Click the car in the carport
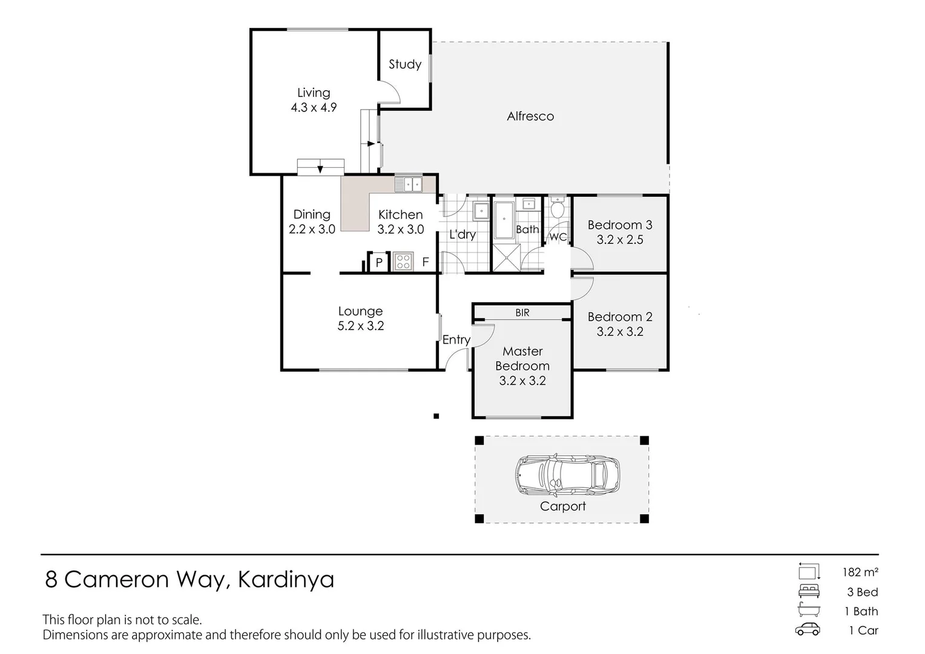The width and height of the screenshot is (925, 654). [x=567, y=474]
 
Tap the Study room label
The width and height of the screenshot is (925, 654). [x=404, y=64]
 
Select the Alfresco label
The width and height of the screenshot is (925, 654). [x=530, y=116]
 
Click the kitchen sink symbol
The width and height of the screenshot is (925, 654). [x=409, y=183]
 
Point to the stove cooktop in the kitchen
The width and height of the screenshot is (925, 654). [x=403, y=262]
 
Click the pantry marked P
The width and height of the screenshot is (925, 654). [x=379, y=262]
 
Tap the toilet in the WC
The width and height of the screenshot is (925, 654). [x=558, y=209]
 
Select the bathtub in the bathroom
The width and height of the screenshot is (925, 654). [x=504, y=221]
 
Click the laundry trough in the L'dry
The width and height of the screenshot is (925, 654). [x=481, y=211]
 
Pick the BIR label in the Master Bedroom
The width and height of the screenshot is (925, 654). [x=522, y=312]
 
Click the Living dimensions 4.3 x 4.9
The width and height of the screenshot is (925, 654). [x=314, y=108]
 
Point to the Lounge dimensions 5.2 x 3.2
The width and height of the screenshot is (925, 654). [x=361, y=326]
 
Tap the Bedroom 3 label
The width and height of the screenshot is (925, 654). [x=620, y=225]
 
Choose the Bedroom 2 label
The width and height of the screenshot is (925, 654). [x=620, y=317]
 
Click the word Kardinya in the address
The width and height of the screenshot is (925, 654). [x=286, y=580]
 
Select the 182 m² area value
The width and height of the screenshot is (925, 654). [x=860, y=572]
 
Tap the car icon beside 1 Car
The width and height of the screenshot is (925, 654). [x=808, y=630]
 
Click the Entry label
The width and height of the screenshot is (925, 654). [x=456, y=340]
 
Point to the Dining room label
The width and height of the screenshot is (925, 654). [x=312, y=214]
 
